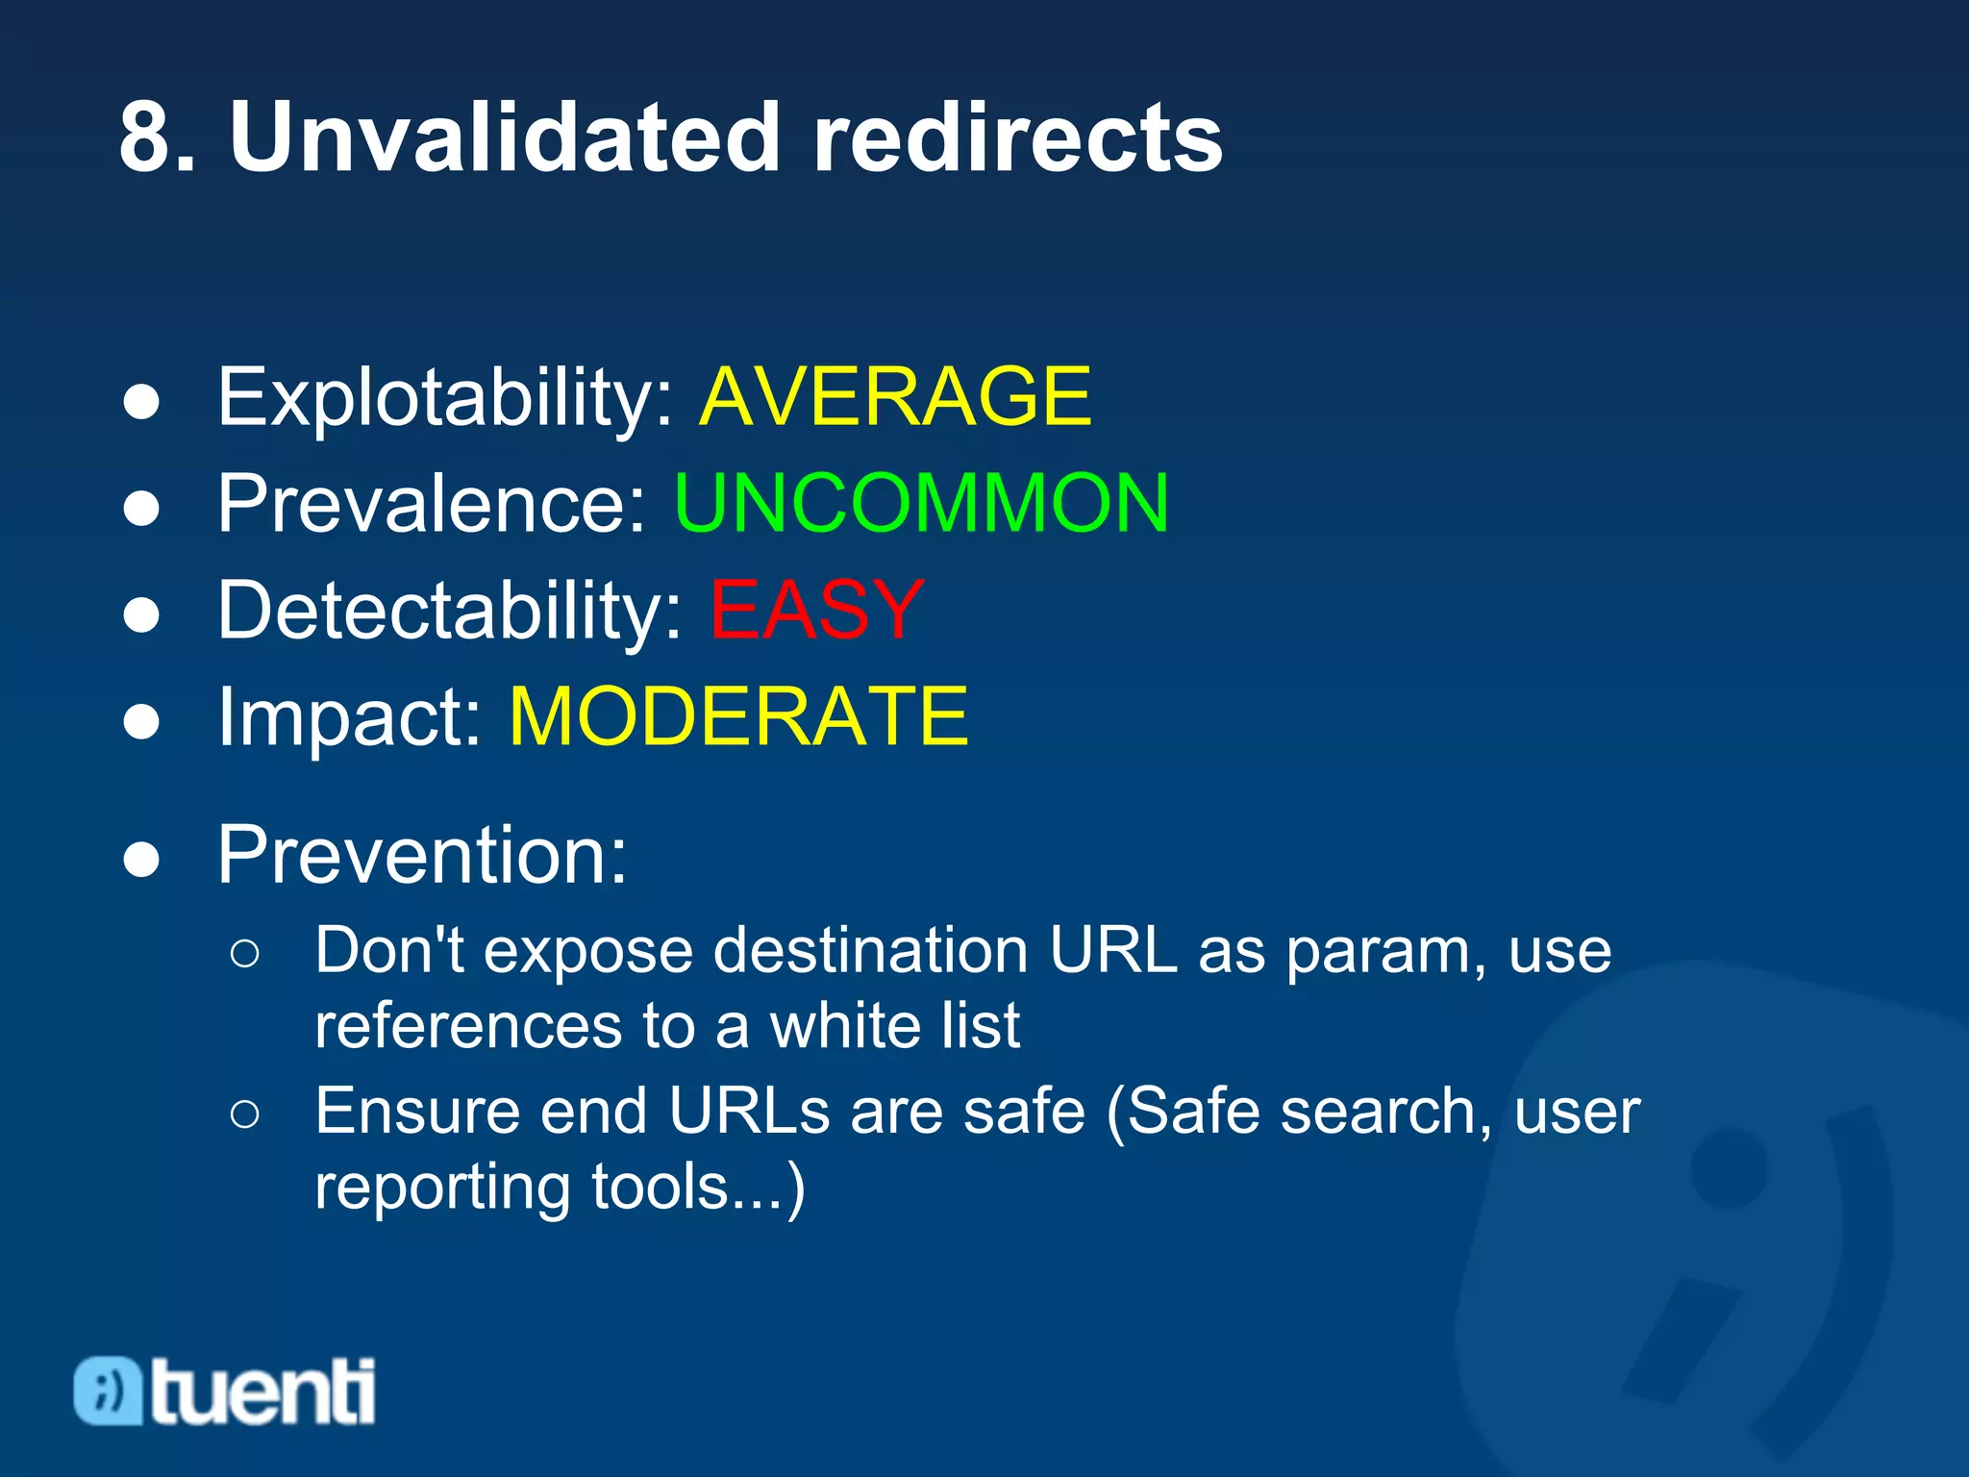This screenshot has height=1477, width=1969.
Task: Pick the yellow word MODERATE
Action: pos(738,716)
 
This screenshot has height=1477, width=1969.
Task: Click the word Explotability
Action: pos(444,398)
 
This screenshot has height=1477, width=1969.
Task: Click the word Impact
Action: pos(348,718)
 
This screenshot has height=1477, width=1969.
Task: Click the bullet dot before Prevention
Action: pos(141,859)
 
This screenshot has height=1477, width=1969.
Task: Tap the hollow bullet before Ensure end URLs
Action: pos(245,1114)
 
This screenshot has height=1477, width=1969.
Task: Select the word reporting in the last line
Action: pos(442,1189)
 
